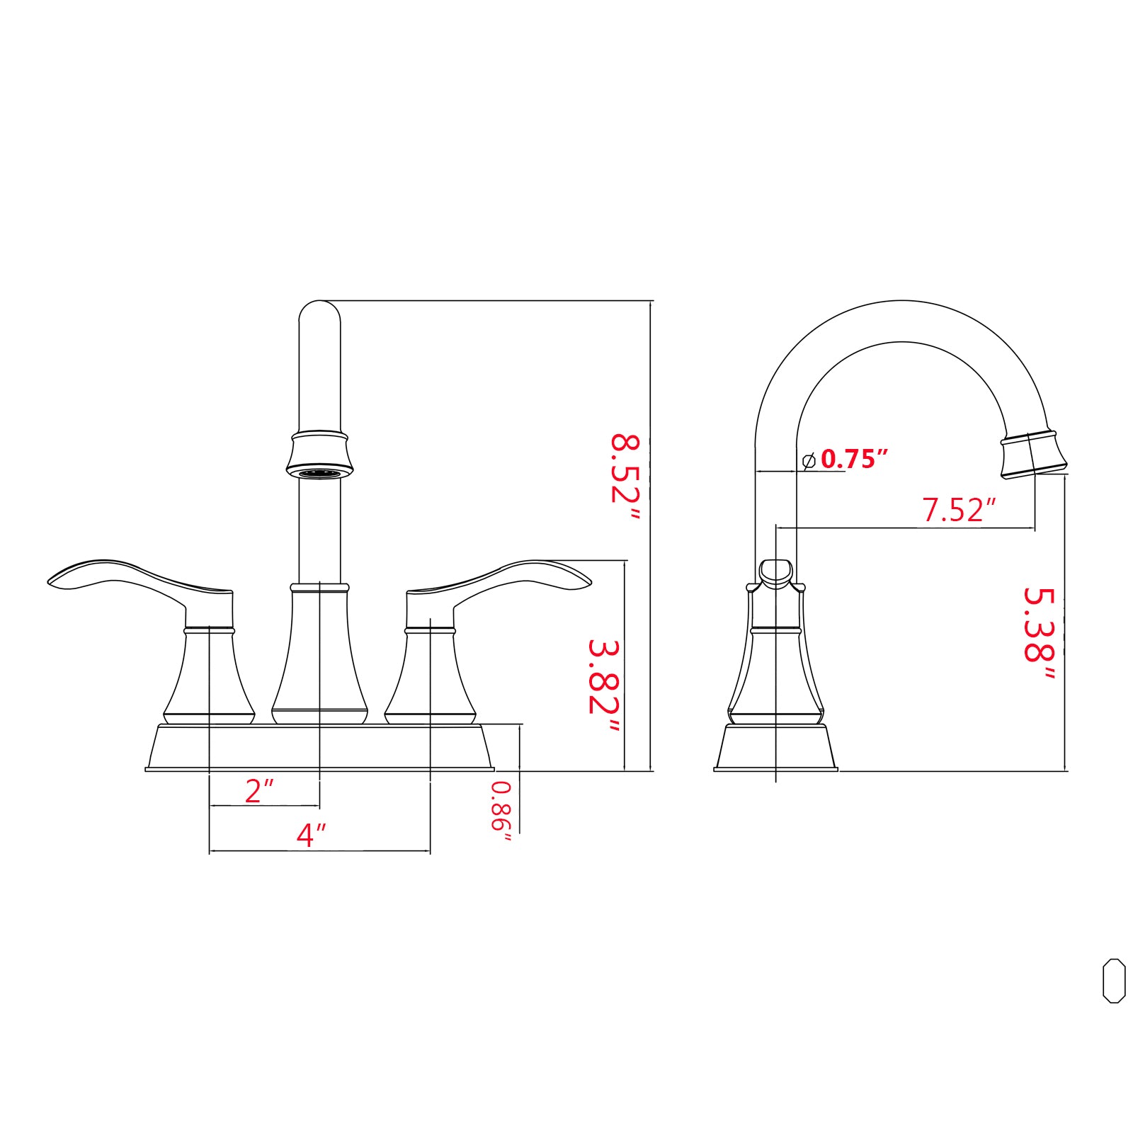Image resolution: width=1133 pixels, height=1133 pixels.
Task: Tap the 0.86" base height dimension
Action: tap(501, 811)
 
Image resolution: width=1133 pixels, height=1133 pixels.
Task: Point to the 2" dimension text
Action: tap(258, 790)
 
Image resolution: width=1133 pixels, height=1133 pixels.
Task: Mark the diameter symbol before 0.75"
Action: tap(809, 460)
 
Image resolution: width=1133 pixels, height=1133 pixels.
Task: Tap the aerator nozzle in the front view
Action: tap(319, 472)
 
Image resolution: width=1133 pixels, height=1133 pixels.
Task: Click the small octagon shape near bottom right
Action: tap(1114, 981)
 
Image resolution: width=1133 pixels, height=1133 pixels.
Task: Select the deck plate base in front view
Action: tap(319, 748)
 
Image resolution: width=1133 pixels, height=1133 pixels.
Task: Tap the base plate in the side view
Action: tap(775, 748)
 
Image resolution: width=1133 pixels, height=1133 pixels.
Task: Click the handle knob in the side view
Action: tap(775, 571)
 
